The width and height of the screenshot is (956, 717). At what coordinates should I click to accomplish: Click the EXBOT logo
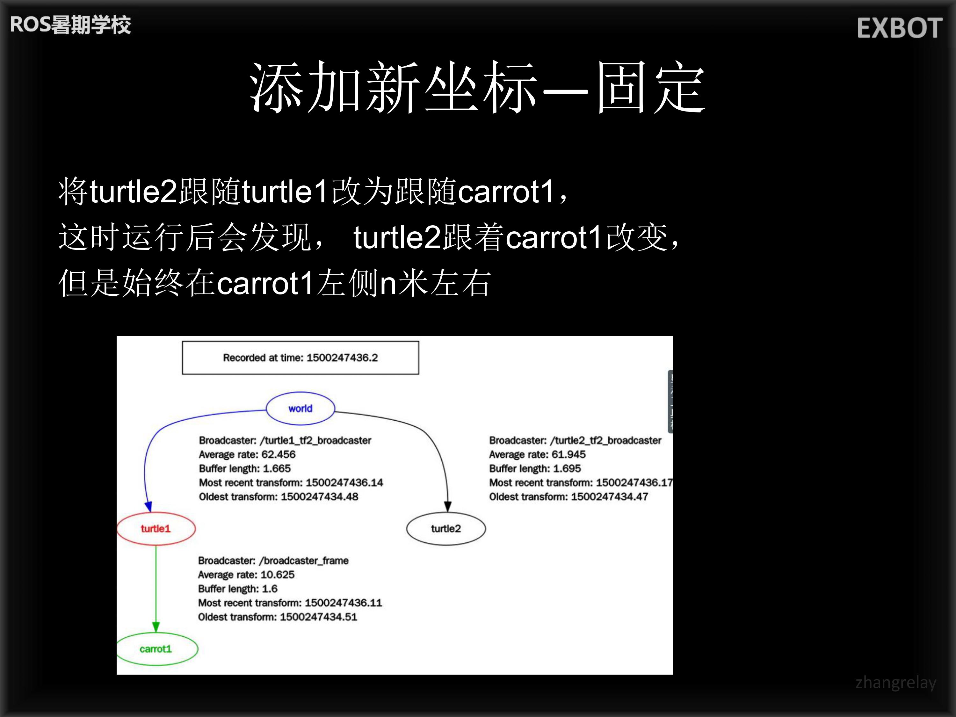(x=899, y=29)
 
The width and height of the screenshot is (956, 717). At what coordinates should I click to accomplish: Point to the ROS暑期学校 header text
(x=70, y=25)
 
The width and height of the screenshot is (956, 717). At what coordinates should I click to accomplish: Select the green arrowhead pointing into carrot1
(x=156, y=627)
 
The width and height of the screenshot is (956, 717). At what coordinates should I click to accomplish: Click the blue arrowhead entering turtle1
(x=148, y=507)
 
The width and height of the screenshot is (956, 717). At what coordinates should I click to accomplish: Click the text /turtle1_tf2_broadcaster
(x=315, y=440)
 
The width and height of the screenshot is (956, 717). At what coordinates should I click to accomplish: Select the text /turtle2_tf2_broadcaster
(x=606, y=440)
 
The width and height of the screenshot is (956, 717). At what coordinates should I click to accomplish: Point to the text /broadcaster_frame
(x=304, y=561)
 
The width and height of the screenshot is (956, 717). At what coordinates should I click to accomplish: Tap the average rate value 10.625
(x=278, y=575)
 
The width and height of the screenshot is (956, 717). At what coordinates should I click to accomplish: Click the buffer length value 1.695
(x=567, y=468)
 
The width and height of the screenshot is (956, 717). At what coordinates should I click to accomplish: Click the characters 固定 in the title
(x=652, y=87)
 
